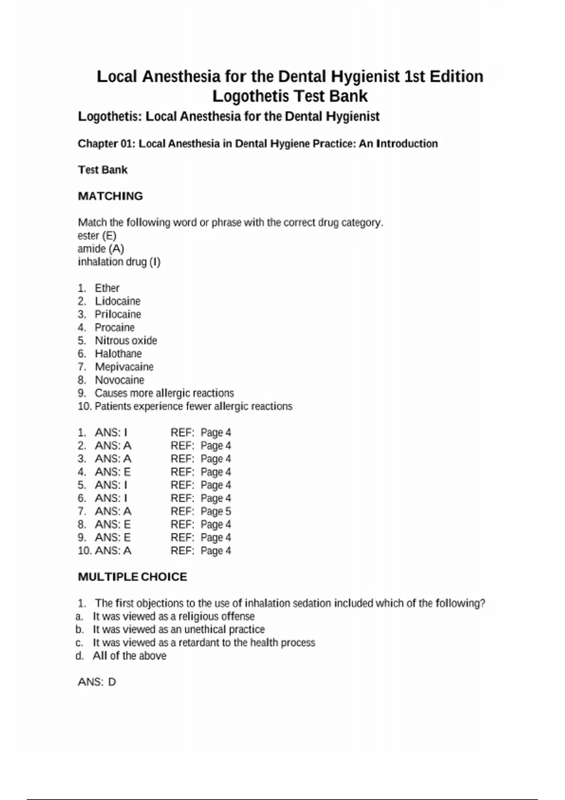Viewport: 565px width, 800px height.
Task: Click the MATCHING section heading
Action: (x=110, y=196)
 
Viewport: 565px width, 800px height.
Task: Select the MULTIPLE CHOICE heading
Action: (x=132, y=577)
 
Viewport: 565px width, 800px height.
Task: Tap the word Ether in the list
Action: (x=107, y=288)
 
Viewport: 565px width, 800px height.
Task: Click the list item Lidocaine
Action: (x=118, y=301)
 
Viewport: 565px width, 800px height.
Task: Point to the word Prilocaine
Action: (x=118, y=314)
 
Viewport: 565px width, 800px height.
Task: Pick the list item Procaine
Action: (x=114, y=328)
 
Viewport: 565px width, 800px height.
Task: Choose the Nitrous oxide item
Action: (x=126, y=341)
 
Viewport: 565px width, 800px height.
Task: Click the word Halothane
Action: (x=118, y=354)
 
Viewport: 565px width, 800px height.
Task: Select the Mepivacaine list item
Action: (x=124, y=367)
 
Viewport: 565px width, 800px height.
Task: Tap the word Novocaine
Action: (x=120, y=380)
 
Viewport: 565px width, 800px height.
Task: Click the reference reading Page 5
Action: (x=216, y=512)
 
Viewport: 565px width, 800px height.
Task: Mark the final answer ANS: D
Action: (x=97, y=682)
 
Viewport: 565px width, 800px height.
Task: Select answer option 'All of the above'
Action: (x=129, y=656)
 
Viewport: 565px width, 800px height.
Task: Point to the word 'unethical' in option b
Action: (x=205, y=630)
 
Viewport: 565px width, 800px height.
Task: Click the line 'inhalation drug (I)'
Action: (x=119, y=262)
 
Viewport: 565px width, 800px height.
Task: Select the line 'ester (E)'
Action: (x=97, y=235)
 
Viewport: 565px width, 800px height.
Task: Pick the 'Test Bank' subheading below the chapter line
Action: (x=103, y=170)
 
